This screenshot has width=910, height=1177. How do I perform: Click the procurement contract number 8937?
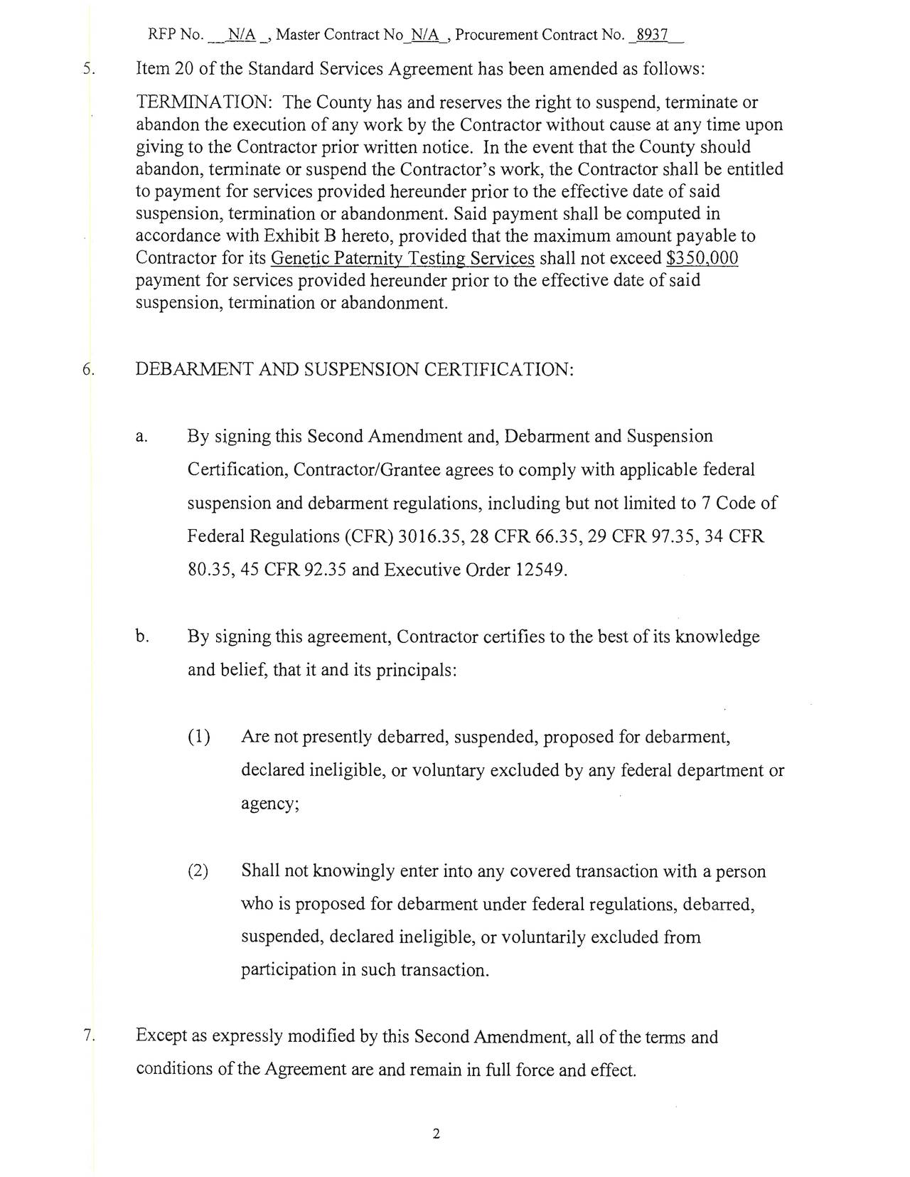[x=652, y=35]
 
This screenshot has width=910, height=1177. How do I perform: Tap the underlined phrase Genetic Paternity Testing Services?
[x=402, y=258]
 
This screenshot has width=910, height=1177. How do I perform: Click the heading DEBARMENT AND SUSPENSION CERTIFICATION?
[x=354, y=370]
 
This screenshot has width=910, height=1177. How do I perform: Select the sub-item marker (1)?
[x=198, y=737]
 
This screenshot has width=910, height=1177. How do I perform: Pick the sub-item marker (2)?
[x=198, y=871]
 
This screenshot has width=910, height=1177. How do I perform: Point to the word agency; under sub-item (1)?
[x=270, y=804]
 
